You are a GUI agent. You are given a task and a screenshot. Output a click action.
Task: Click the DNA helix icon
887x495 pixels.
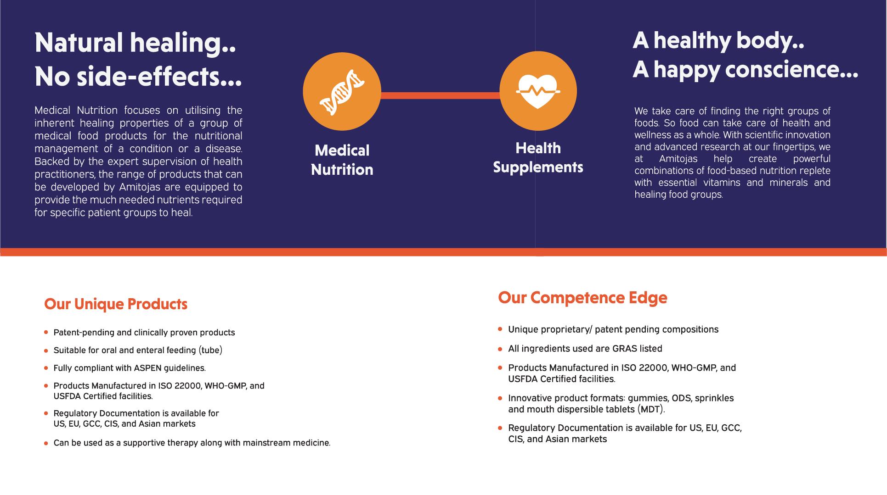point(342,92)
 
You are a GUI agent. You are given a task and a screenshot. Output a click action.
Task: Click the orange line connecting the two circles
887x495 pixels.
point(440,95)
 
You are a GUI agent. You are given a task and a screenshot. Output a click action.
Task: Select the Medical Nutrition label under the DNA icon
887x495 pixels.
point(342,160)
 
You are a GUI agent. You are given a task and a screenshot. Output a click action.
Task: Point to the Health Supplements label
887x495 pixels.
point(538,158)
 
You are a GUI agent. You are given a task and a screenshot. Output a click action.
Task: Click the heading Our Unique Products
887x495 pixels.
point(116,304)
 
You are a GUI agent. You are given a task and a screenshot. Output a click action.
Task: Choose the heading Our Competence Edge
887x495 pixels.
point(582,298)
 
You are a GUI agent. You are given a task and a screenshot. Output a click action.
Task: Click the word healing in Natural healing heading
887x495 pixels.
point(183,44)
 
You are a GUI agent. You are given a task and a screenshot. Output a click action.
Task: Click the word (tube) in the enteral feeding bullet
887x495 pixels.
point(210,350)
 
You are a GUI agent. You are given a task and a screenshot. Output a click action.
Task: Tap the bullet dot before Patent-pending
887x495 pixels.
point(46,332)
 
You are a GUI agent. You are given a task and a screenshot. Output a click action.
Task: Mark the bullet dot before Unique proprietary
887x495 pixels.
point(500,329)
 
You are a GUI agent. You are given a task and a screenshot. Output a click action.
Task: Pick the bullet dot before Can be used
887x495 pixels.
point(46,444)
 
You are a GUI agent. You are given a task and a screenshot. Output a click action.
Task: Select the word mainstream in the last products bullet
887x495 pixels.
point(267,443)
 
